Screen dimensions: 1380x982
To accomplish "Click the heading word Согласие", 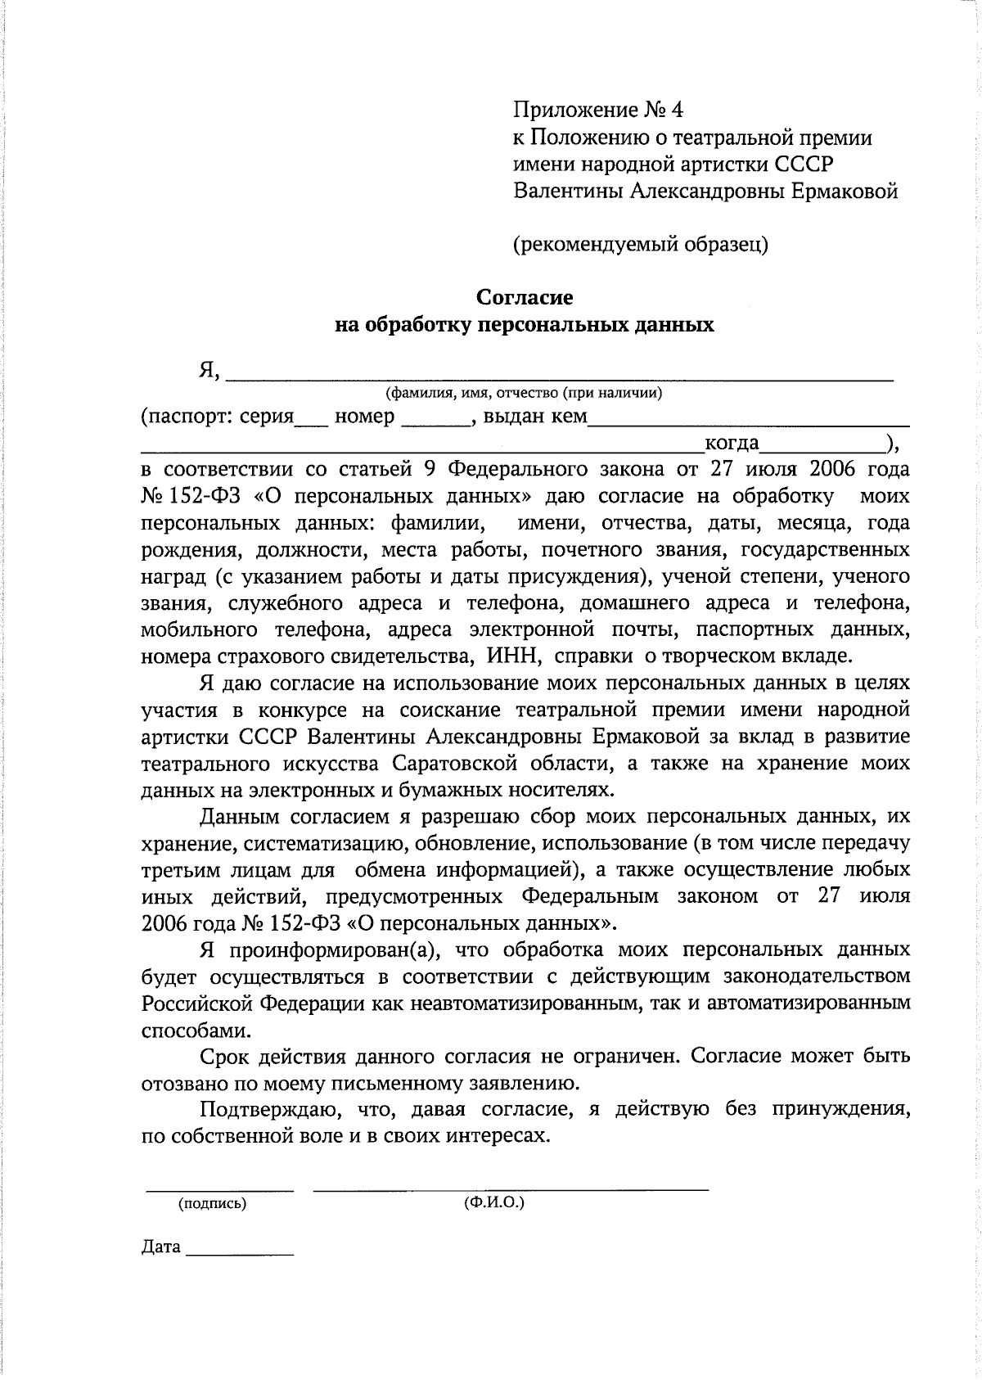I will point(525,297).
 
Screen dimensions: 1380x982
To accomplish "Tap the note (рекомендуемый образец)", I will point(640,244).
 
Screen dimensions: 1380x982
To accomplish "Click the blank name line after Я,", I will point(558,377).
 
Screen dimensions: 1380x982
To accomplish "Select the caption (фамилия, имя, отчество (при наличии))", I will point(524,394).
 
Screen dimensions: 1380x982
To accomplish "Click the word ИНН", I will point(513,656).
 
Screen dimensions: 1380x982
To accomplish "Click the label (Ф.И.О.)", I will point(493,1203).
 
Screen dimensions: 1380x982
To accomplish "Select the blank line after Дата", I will point(240,1252).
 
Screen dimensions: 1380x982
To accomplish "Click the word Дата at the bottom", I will point(160,1247).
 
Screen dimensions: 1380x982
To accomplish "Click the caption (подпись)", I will point(212,1204).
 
